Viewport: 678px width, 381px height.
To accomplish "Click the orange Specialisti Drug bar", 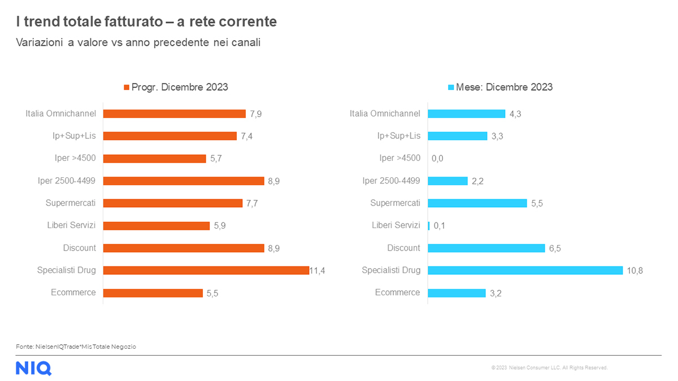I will tap(206, 270).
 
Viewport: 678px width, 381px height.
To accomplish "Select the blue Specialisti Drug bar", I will tap(525, 270).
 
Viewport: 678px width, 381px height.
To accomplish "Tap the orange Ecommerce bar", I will tap(153, 293).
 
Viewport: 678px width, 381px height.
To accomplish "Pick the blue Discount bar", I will tap(486, 248).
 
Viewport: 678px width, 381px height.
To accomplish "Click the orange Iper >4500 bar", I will tap(154, 159).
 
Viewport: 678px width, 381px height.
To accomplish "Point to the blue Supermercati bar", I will tap(477, 203).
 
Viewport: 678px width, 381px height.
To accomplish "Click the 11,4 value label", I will tap(317, 271).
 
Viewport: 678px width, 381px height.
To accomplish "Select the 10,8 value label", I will tap(635, 271).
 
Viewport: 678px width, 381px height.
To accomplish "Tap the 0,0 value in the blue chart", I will tap(437, 159).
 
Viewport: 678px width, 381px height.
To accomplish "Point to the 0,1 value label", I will tap(440, 226).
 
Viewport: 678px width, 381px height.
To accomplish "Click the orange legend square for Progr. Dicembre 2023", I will tap(127, 87).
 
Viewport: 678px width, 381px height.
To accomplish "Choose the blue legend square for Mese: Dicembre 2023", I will tap(451, 87).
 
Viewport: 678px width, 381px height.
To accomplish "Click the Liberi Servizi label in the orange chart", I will tap(71, 225).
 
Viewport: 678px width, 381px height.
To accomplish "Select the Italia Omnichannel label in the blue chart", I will tap(385, 113).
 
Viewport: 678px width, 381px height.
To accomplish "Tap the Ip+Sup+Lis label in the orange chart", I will tap(75, 136).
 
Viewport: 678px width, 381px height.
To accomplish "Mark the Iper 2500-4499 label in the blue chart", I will tap(391, 181).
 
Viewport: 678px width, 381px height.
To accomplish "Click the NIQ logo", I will tap(33, 368).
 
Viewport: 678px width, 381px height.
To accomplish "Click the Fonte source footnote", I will tap(76, 347).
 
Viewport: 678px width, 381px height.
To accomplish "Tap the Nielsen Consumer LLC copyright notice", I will tap(549, 367).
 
